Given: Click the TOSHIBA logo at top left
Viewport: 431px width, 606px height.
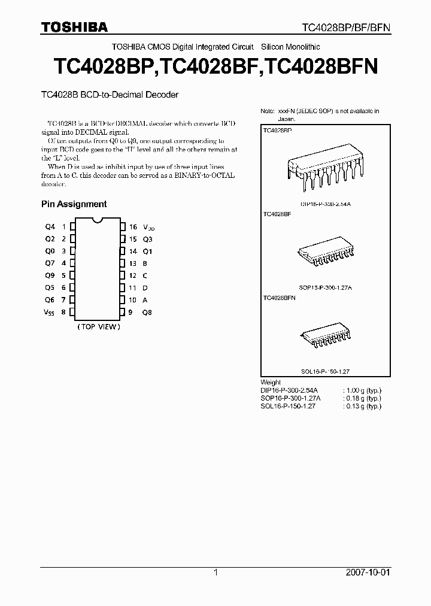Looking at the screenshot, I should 74,27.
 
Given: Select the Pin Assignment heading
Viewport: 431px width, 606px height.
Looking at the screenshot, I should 74,204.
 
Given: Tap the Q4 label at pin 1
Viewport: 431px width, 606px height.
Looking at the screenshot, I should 50,227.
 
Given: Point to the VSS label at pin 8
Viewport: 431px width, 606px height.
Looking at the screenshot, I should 48,312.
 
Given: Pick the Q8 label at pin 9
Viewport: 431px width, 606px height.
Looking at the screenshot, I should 147,312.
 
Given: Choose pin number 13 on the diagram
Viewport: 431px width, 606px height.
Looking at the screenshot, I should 133,263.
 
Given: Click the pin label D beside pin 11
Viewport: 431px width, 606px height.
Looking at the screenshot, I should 145,288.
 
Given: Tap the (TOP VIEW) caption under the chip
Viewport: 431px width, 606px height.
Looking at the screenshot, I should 99,327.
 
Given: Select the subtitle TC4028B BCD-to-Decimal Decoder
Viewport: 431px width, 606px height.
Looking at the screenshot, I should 110,95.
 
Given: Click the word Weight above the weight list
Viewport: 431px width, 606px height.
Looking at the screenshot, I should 271,382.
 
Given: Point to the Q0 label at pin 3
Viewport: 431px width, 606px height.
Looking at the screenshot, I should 50,252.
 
